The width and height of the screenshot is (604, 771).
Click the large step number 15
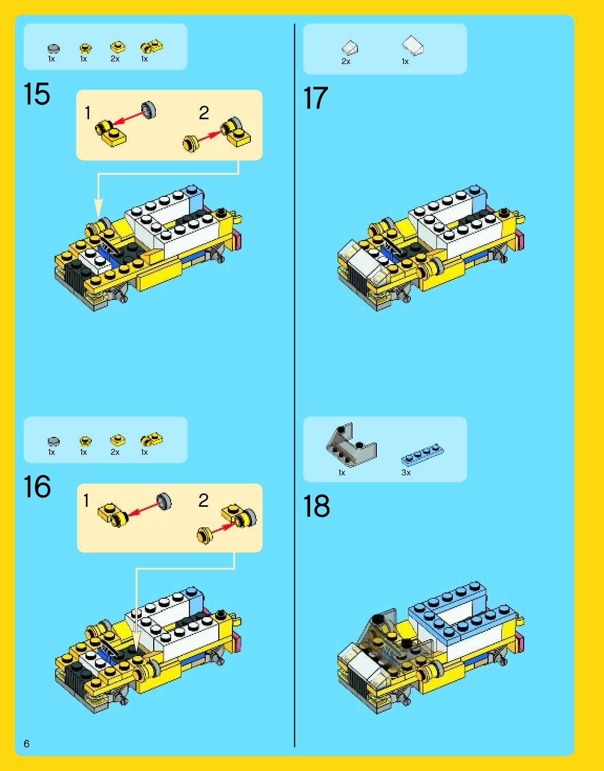point(37,94)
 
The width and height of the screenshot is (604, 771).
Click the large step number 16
point(37,487)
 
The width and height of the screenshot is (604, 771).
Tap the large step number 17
point(315,98)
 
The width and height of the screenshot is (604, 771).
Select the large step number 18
point(316,506)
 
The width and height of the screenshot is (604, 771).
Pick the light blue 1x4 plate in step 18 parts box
point(422,455)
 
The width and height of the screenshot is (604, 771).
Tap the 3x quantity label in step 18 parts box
point(406,473)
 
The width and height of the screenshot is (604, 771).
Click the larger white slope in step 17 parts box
point(412,45)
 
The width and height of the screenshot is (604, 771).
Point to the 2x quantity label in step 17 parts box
point(346,61)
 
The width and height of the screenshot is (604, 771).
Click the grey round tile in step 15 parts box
point(54,48)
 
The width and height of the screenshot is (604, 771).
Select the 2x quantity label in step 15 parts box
point(115,59)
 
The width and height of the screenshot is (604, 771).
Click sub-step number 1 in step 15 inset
point(88,113)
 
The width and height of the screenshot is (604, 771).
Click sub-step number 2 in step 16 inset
point(204,501)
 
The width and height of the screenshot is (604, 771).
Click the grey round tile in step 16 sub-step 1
point(164,502)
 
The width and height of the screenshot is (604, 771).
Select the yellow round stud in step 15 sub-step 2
point(190,144)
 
